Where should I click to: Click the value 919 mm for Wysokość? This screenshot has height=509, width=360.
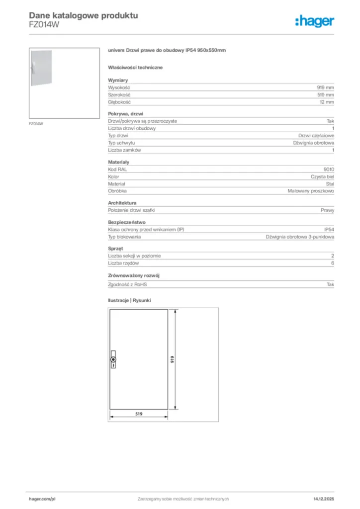coord(326,87)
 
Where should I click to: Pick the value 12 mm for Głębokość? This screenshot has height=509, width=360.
coord(327,102)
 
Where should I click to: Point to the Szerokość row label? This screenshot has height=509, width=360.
coord(119,94)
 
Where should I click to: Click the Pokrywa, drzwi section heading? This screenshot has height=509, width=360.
coord(125,114)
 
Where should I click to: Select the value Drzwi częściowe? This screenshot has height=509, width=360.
coord(316,135)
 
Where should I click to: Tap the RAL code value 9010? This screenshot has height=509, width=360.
coord(329,170)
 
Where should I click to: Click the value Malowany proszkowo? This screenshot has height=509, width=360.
coord(311,191)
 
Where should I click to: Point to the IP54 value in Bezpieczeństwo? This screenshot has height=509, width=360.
coord(329,230)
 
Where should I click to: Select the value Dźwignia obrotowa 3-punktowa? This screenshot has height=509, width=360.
coord(300,237)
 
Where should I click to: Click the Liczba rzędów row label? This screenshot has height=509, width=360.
coord(123,263)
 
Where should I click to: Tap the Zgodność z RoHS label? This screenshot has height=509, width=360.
coord(128,284)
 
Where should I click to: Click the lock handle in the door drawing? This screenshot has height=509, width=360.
coord(113,359)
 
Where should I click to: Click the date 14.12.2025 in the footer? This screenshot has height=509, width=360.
coord(323,499)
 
